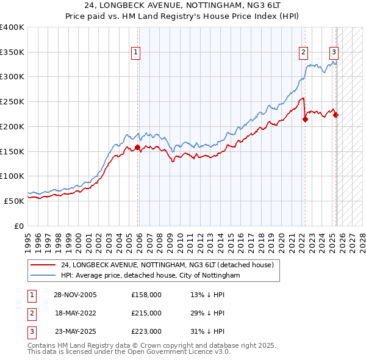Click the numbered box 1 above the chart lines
point(135,53)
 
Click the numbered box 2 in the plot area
point(303,53)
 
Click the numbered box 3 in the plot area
point(334,53)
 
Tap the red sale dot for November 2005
point(137,147)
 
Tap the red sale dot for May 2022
point(305,119)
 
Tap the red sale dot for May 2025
point(336,115)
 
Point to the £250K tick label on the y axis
point(12,101)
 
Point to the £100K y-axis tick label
point(12,176)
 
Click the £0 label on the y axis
point(19,225)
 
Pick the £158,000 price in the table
point(146,295)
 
